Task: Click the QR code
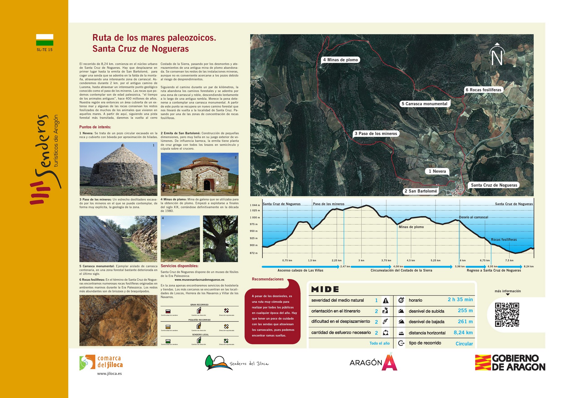point(507,315)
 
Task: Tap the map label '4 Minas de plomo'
point(340,60)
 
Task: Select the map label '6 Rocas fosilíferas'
point(483,90)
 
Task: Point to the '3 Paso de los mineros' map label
point(376,134)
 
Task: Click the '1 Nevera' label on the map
point(437,171)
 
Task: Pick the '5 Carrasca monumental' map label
point(424,104)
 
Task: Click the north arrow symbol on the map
point(497,54)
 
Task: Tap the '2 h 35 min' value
point(460,300)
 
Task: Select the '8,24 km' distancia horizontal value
point(463,333)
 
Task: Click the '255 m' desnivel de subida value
point(465,311)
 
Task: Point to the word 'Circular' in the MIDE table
point(464,344)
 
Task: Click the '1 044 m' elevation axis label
point(255,205)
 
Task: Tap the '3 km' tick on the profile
point(361,261)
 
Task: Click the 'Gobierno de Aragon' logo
point(510,363)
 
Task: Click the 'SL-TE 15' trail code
point(45,50)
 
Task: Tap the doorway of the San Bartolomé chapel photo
point(207,185)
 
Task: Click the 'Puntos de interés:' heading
point(95,127)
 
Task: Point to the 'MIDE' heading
point(325,289)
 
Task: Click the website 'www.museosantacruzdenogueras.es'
point(199,280)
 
